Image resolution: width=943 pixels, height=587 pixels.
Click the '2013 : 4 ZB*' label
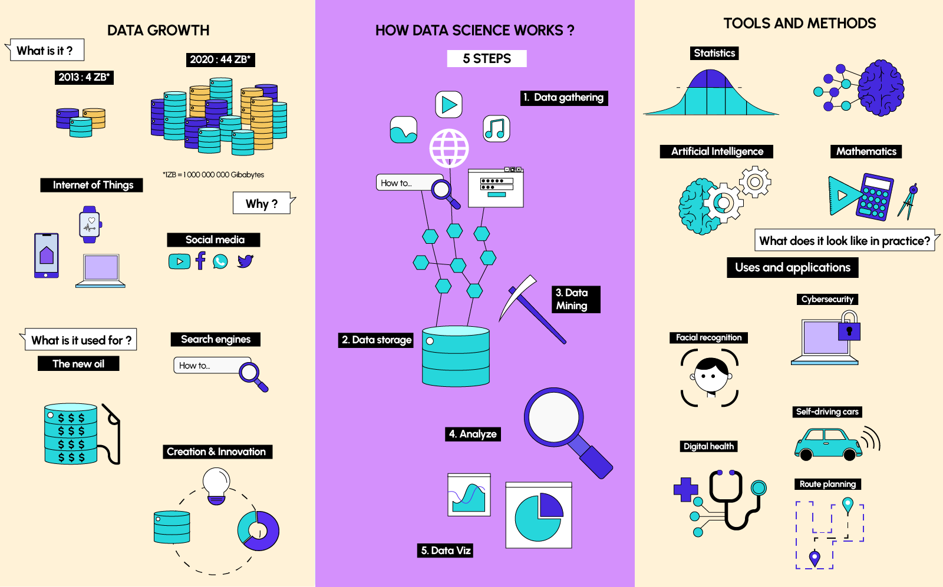point(84,77)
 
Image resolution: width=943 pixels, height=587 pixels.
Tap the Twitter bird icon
point(245,261)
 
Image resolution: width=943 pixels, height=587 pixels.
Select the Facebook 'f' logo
point(200,261)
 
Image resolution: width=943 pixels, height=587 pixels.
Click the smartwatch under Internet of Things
point(90,224)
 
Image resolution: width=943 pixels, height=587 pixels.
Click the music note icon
point(496,129)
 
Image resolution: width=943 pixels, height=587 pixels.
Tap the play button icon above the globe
point(449,104)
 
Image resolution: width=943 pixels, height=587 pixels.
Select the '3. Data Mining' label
point(576,299)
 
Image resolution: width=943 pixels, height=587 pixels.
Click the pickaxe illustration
point(531,309)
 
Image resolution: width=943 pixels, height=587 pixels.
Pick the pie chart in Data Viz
point(539,516)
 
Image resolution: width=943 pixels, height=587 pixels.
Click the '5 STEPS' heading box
point(487,58)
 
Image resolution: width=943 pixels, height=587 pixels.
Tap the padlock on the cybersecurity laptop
point(849,326)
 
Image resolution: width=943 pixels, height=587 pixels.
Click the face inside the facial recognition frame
point(711,376)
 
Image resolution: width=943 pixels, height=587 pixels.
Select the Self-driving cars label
point(827,412)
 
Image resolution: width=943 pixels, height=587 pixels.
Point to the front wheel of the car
point(849,454)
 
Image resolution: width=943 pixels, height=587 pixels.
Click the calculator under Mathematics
point(875,197)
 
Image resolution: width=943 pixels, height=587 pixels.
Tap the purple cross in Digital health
point(685,489)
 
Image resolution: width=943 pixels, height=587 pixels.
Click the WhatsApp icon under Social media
point(220,261)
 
